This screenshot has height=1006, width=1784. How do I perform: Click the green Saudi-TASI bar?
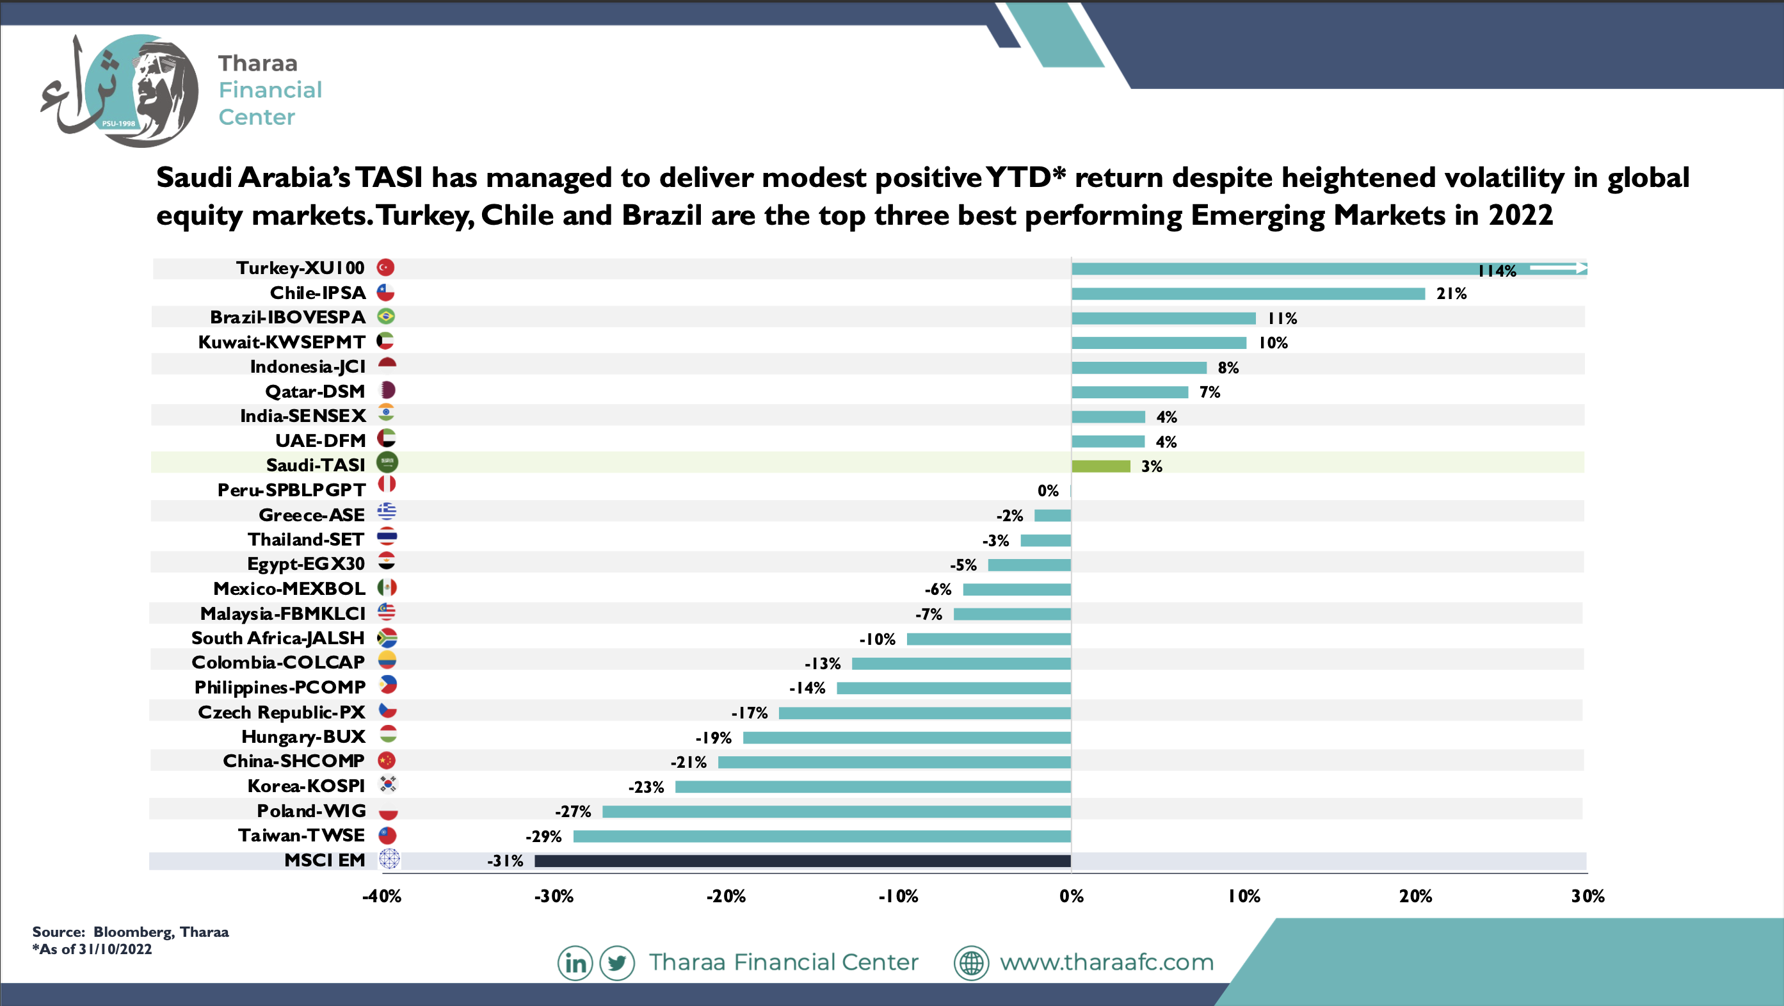click(1100, 466)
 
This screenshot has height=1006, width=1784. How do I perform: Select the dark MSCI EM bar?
click(803, 861)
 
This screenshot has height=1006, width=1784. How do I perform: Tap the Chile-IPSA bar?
click(1248, 294)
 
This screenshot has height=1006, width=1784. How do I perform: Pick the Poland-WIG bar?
click(837, 811)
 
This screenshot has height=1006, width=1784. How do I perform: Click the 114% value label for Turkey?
click(1497, 271)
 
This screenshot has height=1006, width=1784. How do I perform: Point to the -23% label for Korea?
click(646, 787)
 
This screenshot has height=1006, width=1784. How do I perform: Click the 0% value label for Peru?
click(1048, 491)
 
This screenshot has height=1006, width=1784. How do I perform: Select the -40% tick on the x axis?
click(382, 896)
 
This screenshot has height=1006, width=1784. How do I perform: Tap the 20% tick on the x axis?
click(1415, 896)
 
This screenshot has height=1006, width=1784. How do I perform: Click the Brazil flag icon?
click(386, 316)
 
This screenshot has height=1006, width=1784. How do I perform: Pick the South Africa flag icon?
click(387, 637)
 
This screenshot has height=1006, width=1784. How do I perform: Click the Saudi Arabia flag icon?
click(387, 462)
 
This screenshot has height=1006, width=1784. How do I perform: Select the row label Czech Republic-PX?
click(281, 712)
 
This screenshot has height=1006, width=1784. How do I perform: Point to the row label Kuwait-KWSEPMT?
click(281, 342)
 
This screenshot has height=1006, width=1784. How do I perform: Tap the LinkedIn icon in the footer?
click(575, 963)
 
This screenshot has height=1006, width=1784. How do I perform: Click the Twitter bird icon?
click(617, 963)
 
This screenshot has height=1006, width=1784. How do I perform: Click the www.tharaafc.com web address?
click(1107, 962)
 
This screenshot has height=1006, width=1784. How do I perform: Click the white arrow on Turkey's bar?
click(1558, 268)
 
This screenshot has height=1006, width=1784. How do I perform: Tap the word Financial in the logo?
click(270, 90)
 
